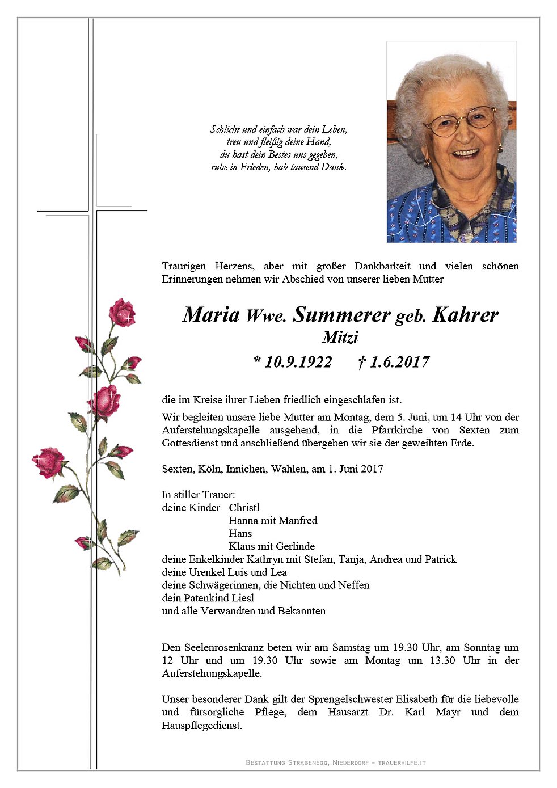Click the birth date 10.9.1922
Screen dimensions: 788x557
pos(298,362)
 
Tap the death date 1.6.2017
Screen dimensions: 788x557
pos(399,362)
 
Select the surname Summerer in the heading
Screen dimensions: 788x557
pos(341,315)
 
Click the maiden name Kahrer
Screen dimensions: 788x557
pos(465,315)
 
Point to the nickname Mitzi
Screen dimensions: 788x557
pos(340,338)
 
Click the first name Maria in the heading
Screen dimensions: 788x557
pos(211,315)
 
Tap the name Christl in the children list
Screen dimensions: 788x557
pos(244,508)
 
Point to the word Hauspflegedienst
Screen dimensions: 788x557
pos(202,725)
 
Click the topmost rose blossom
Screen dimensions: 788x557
pos(122,313)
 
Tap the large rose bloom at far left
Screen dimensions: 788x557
pos(49,462)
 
